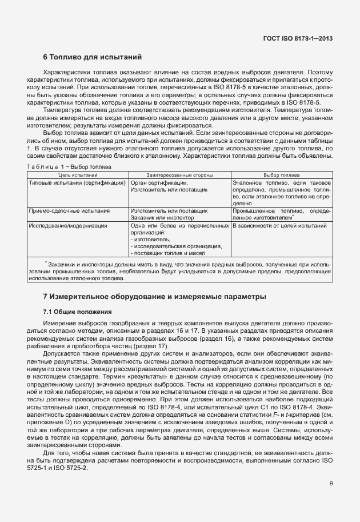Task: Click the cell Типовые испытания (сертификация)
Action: (77, 182)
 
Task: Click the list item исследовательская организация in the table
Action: (177, 246)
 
